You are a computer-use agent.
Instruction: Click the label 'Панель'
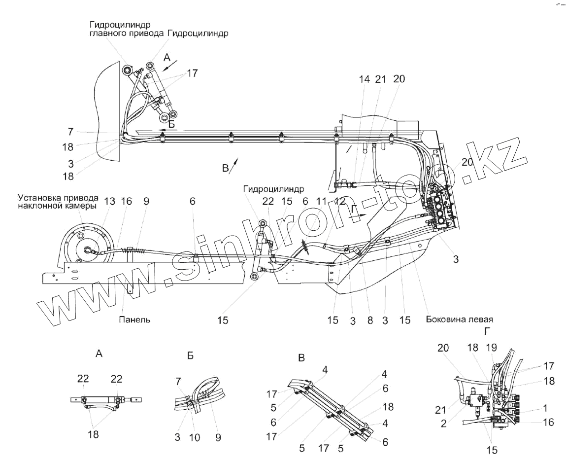point(134,320)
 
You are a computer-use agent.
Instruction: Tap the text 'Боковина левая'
point(460,319)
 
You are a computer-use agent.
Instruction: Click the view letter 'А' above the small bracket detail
point(99,353)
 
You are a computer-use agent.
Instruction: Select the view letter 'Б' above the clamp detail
point(191,356)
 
